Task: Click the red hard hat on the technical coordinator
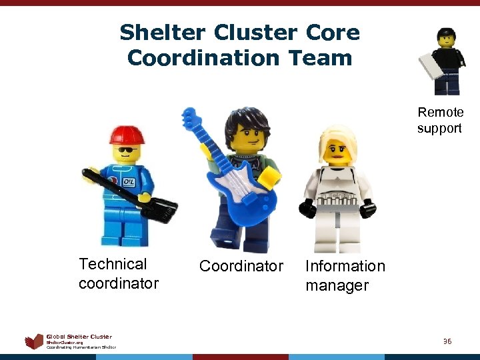[127, 133]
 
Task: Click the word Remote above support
[440, 112]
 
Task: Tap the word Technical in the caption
[113, 264]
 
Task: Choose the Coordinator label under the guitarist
[241, 266]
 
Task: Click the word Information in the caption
[345, 266]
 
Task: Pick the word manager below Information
[337, 285]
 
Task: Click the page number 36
[447, 341]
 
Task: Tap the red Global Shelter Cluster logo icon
[33, 342]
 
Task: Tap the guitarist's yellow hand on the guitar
[269, 177]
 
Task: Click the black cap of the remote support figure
[445, 33]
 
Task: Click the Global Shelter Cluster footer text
[79, 337]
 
